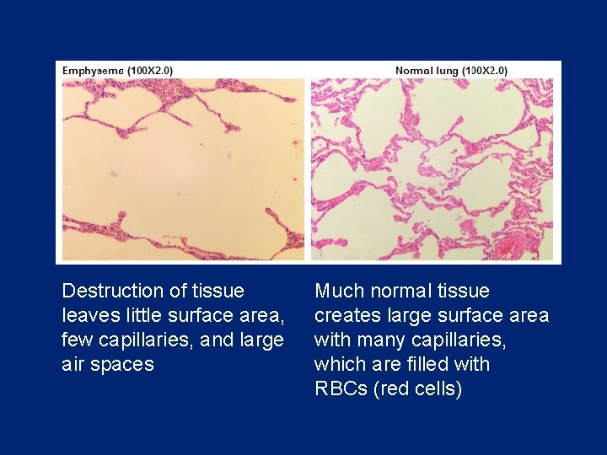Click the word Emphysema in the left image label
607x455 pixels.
93,71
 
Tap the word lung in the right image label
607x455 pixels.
445,71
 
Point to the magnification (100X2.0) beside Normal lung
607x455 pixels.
485,71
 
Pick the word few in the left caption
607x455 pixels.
77,340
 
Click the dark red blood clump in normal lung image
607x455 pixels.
510,247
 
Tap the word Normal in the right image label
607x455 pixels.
414,71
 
